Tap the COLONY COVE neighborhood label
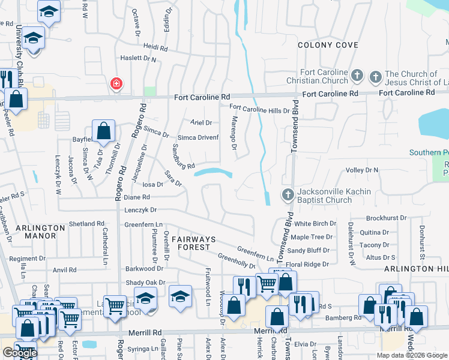pyautogui.click(x=328, y=45)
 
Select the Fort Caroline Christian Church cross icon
pyautogui.click(x=357, y=76)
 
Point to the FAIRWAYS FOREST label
pyautogui.click(x=191, y=243)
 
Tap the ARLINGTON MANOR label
pyautogui.click(x=40, y=232)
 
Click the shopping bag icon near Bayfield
pyautogui.click(x=103, y=130)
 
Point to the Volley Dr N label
pyautogui.click(x=362, y=170)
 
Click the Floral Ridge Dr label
pyautogui.click(x=308, y=264)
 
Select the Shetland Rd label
pyautogui.click(x=86, y=224)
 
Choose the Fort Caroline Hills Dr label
pyautogui.click(x=259, y=109)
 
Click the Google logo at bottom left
pyautogui.click(x=19, y=353)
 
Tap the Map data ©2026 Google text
pyautogui.click(x=412, y=355)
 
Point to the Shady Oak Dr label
pyautogui.click(x=145, y=283)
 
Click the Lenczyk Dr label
pyautogui.click(x=140, y=210)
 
